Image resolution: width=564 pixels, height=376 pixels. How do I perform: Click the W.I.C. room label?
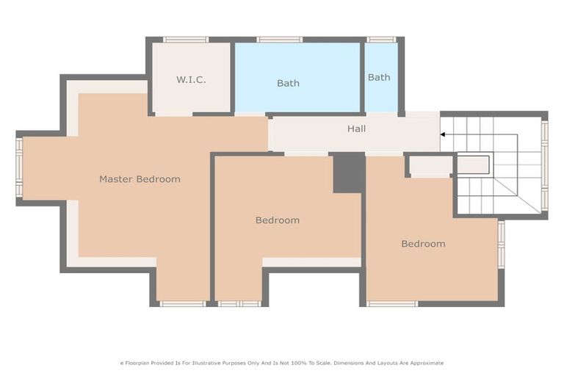pyautogui.click(x=191, y=80)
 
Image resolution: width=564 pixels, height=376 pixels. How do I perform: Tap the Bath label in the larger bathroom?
pyautogui.click(x=288, y=83)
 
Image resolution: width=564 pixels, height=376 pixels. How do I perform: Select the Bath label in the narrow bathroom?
pyautogui.click(x=379, y=77)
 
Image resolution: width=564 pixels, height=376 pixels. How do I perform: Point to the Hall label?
pyautogui.click(x=356, y=129)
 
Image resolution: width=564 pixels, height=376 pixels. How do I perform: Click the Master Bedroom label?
pyautogui.click(x=140, y=178)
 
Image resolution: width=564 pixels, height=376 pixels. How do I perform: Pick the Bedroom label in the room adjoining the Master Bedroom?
pyautogui.click(x=277, y=220)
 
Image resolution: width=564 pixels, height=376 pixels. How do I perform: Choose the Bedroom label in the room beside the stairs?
pyautogui.click(x=423, y=243)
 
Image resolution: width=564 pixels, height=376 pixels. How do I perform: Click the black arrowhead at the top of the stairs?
pyautogui.click(x=444, y=134)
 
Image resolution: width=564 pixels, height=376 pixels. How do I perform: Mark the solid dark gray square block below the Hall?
pyautogui.click(x=349, y=173)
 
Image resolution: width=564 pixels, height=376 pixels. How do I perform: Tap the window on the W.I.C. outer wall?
pyautogui.click(x=185, y=40)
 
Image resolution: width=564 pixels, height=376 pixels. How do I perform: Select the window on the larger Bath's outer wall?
pyautogui.click(x=279, y=40)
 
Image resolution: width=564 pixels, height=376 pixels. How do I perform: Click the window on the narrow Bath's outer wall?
pyautogui.click(x=381, y=40)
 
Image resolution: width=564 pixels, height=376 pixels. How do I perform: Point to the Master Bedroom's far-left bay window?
pyautogui.click(x=20, y=167)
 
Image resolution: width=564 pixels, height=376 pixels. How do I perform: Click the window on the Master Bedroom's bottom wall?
pyautogui.click(x=183, y=303)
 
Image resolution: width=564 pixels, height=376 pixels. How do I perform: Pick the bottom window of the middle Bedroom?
pyautogui.click(x=239, y=303)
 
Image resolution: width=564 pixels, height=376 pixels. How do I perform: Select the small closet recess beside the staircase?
pyautogui.click(x=430, y=167)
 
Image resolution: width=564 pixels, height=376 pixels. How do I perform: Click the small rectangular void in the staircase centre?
pyautogui.click(x=474, y=164)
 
